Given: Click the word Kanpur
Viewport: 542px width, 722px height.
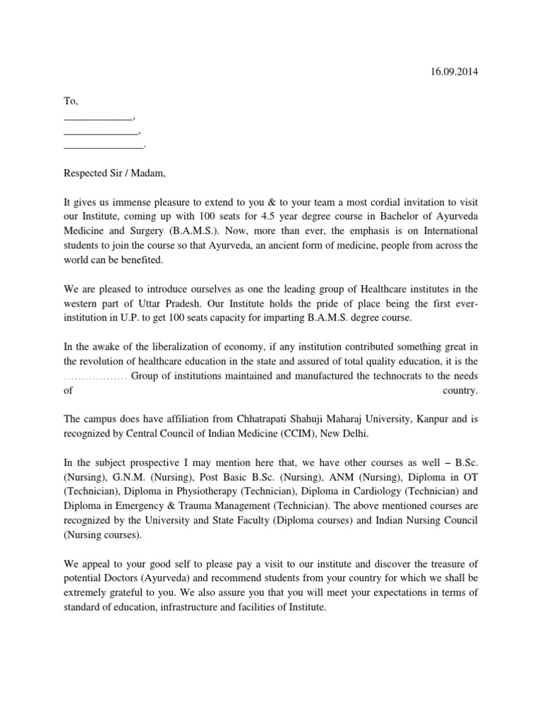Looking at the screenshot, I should (428, 419).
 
